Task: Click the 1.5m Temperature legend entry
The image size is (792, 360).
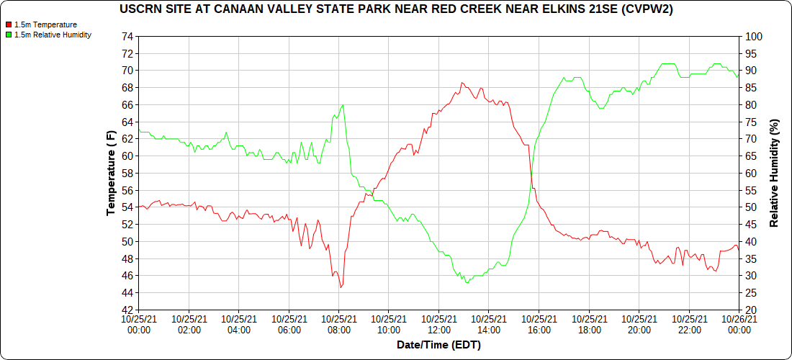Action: point(45,24)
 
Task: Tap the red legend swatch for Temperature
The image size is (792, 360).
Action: point(9,24)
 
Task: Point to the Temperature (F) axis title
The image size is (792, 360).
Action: point(111,173)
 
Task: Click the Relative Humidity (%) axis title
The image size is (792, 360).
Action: point(774,173)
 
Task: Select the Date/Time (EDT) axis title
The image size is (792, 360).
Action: point(438,345)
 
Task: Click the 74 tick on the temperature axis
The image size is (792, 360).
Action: point(128,36)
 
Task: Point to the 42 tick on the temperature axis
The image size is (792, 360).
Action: point(128,310)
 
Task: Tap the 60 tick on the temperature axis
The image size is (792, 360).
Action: point(128,156)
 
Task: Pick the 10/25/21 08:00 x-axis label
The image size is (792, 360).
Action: point(339,323)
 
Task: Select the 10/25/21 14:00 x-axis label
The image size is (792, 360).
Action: point(489,323)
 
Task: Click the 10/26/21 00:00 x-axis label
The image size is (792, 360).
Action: point(739,323)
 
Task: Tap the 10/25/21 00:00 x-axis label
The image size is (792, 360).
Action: point(139,323)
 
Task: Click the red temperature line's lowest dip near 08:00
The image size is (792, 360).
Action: point(341,287)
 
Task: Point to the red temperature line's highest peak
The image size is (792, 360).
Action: point(462,83)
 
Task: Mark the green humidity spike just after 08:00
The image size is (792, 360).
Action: point(343,105)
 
